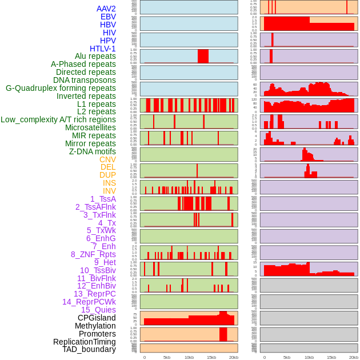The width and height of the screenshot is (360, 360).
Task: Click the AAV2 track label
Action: coord(106,9)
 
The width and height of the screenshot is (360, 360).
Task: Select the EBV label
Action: coord(108,17)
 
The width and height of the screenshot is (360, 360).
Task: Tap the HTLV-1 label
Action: coord(103,49)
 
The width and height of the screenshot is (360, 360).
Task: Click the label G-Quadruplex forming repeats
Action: coord(61,88)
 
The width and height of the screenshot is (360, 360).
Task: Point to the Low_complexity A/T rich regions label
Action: coord(58,119)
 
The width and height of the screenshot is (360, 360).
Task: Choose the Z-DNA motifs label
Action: coord(93,151)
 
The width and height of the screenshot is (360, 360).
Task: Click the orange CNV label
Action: coord(107,159)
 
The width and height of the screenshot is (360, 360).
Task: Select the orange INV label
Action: coord(109,191)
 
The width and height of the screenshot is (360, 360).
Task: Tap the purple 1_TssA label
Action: coord(103,199)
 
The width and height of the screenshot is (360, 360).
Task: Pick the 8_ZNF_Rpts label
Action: coord(93,254)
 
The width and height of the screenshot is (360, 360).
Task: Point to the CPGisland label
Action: coord(97,318)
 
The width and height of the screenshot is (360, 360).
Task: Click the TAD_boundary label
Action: coord(89,349)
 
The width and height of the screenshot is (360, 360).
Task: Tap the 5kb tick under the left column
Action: coord(167,357)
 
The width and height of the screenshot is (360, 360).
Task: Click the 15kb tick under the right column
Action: coord(331,357)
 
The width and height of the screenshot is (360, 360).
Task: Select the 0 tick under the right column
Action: coord(264,357)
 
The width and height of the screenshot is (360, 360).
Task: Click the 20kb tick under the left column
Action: coord(234,357)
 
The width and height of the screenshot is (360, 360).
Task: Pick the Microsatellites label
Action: coord(90,127)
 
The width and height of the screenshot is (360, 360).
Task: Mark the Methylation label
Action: coord(95,326)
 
